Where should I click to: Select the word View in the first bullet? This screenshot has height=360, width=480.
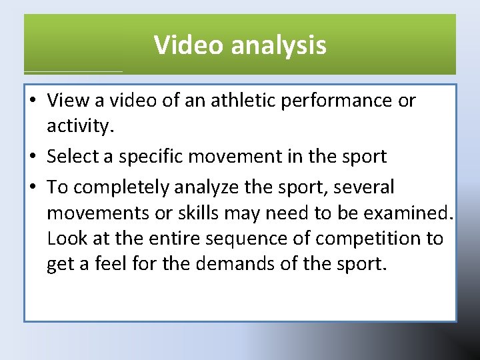tap(65, 100)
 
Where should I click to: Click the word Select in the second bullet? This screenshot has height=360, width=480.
tap(71, 156)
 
